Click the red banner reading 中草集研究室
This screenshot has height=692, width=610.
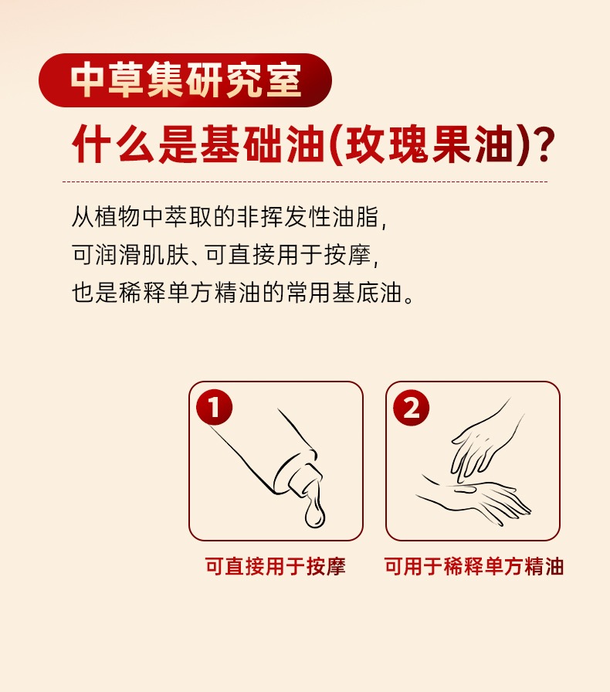click(x=185, y=80)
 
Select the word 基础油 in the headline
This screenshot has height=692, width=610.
click(x=263, y=144)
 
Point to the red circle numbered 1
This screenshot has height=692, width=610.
click(x=214, y=407)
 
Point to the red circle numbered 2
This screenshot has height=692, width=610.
click(x=411, y=407)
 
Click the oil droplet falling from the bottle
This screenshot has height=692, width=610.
click(x=314, y=514)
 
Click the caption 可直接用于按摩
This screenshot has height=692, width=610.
click(x=275, y=566)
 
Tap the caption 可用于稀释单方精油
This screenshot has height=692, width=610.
click(x=473, y=566)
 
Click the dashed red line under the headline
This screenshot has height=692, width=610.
click(x=305, y=181)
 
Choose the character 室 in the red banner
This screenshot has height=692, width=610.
click(x=285, y=80)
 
